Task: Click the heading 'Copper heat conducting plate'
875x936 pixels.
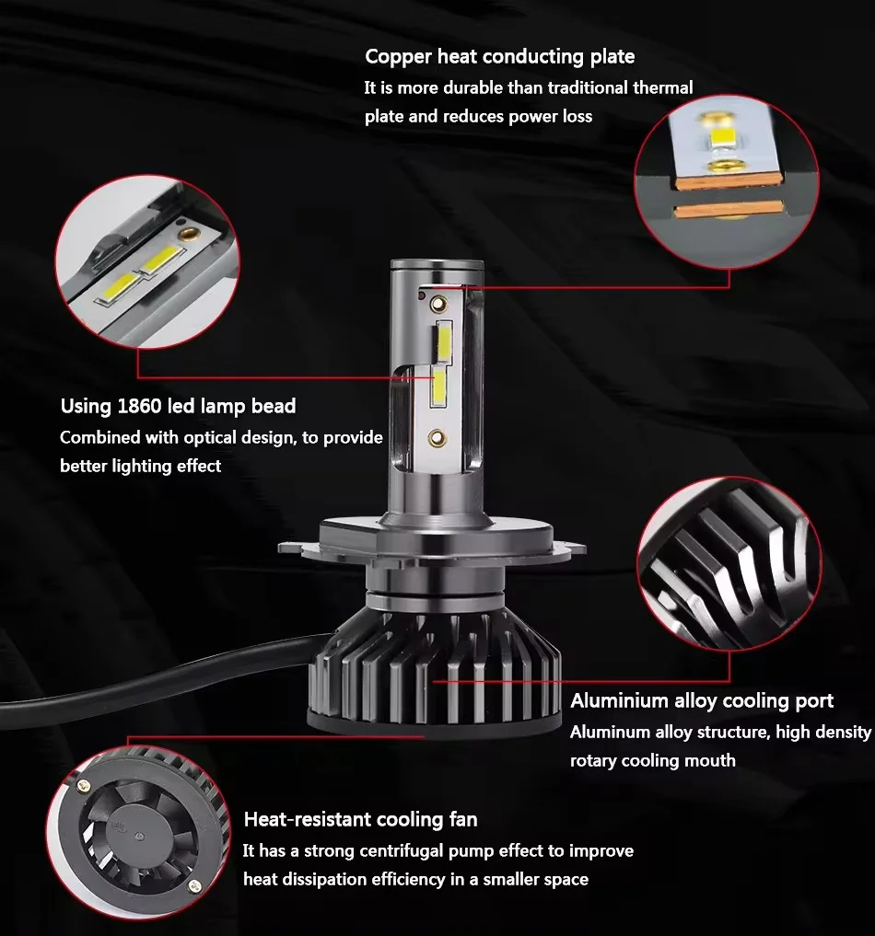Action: (x=500, y=57)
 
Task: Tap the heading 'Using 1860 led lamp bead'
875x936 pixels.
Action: (x=178, y=407)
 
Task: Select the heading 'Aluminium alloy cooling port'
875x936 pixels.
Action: (x=702, y=700)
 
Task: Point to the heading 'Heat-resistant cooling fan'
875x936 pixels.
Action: (x=361, y=820)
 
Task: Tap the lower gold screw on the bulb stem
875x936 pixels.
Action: (x=437, y=439)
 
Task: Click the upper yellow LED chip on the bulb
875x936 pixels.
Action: (x=444, y=342)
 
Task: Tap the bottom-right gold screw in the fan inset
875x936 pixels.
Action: (x=192, y=886)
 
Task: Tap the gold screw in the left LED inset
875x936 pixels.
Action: (x=188, y=233)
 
